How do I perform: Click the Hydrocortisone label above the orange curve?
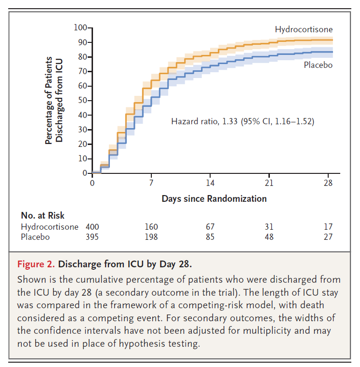click(304, 30)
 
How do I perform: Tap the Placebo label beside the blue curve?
click(318, 65)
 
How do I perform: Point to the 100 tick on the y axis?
click(80, 27)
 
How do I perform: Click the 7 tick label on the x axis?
click(151, 183)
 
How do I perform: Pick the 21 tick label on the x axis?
click(269, 183)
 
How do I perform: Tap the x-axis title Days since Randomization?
click(214, 198)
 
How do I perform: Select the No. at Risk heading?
click(42, 215)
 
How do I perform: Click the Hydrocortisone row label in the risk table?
click(50, 226)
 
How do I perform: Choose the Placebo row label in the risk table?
click(35, 236)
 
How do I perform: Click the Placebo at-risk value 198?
click(151, 236)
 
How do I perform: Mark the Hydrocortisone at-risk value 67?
click(210, 226)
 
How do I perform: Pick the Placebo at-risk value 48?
click(269, 236)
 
